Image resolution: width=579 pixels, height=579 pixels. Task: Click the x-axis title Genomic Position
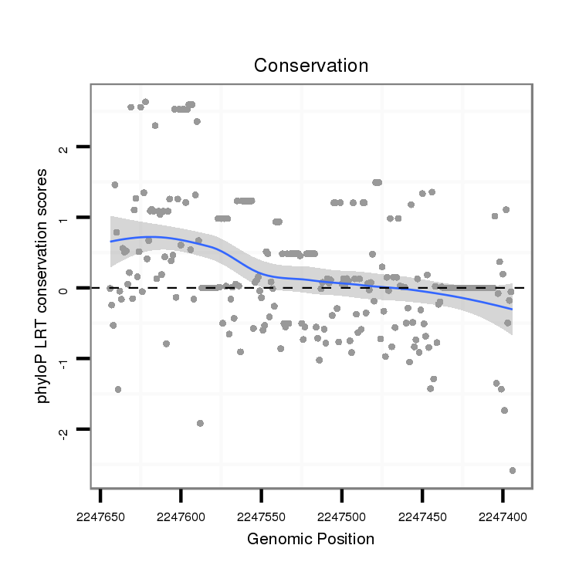point(310,539)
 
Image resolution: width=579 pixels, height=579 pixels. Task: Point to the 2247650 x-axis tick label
point(100,515)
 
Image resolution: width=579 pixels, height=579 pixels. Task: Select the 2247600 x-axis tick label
point(181,515)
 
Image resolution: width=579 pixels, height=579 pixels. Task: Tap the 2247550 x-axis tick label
point(261,515)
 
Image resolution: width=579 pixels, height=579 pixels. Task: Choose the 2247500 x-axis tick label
point(342,515)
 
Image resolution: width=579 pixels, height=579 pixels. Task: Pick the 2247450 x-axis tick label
point(422,515)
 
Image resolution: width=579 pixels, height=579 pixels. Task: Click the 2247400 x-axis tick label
point(503,515)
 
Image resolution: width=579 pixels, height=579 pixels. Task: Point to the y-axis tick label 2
point(65,147)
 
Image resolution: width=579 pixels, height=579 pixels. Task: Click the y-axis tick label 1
point(65,218)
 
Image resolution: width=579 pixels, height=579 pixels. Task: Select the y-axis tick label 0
point(65,288)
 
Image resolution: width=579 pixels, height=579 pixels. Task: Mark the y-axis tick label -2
point(65,431)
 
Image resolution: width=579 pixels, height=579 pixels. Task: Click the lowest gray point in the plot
point(512,470)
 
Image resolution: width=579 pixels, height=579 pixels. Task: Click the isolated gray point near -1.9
point(200,423)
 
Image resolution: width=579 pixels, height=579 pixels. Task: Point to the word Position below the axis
point(343,539)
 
